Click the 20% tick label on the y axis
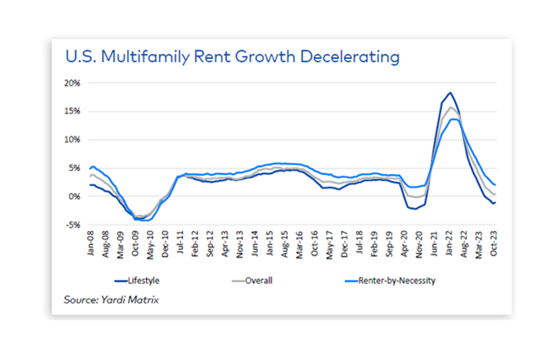71,83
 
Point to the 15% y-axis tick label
71,111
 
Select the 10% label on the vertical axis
71,139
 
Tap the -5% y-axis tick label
71,225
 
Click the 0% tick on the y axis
73,196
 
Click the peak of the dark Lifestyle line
449,93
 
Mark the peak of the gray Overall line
450,107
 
